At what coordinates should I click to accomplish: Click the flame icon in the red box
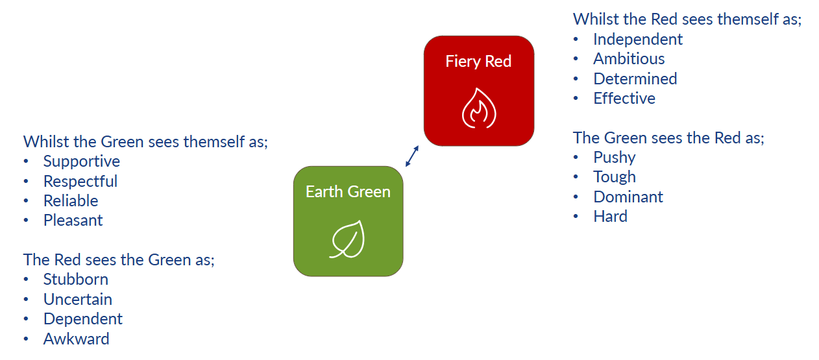(478, 108)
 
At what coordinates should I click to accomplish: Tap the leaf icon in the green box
(348, 239)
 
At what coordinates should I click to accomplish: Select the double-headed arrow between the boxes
(412, 156)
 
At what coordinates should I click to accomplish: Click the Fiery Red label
(478, 62)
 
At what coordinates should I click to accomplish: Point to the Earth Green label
(348, 192)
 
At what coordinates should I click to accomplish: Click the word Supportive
(82, 162)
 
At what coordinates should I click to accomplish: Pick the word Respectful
(80, 181)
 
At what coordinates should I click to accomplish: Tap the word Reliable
(71, 201)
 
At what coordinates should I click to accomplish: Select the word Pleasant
(73, 221)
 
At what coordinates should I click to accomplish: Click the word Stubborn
(76, 280)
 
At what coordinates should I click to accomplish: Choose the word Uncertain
(78, 300)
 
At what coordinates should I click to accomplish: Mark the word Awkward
(77, 339)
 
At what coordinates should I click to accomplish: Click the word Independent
(638, 40)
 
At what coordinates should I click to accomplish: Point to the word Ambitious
(629, 59)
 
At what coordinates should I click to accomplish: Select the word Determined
(635, 79)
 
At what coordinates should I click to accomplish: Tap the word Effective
(624, 99)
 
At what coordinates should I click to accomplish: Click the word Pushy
(614, 158)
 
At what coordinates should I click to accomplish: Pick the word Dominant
(628, 197)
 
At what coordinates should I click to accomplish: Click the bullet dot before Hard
(576, 217)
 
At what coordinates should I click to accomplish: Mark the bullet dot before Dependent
(26, 320)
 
